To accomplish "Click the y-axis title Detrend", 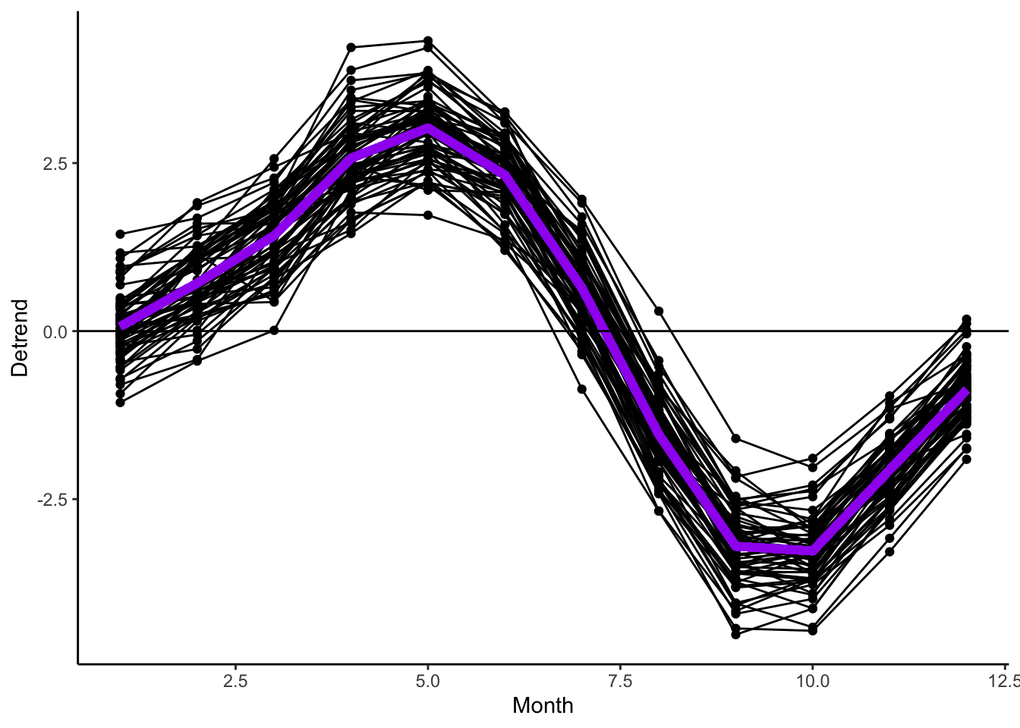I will click(20, 337).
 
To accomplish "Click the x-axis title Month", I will click(543, 706).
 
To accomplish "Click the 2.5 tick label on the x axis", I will click(235, 681).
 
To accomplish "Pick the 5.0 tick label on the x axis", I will click(428, 681).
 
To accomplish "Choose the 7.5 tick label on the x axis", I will click(620, 681).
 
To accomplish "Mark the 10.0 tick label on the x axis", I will click(812, 681).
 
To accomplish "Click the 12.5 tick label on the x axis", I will click(1003, 681).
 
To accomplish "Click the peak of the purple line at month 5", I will click(428, 128).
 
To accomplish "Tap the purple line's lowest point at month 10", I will click(812, 551).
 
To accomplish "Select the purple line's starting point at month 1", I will click(121, 326).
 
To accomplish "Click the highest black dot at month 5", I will click(428, 41).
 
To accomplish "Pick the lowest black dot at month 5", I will click(428, 215).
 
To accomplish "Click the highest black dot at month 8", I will click(659, 312).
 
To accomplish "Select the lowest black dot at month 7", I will click(582, 389).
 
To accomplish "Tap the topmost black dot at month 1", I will click(120, 234).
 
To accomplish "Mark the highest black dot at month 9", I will click(735, 439).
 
